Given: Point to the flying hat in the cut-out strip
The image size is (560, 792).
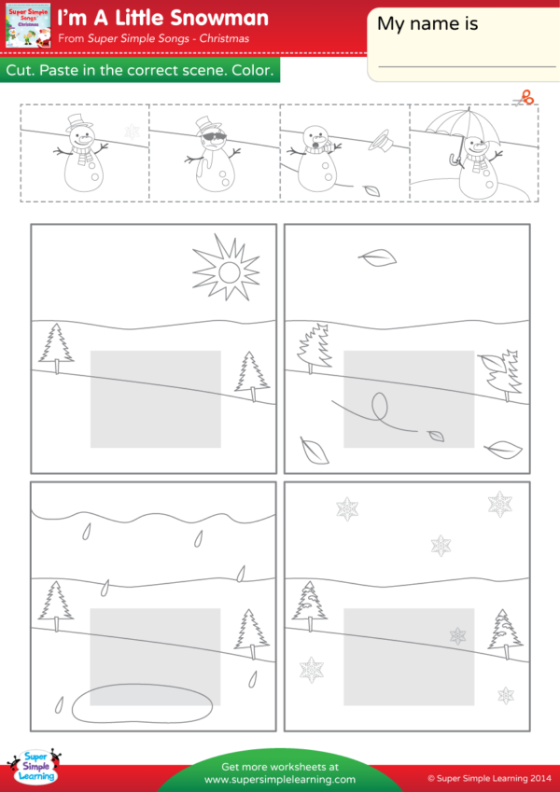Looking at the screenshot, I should click(x=378, y=141).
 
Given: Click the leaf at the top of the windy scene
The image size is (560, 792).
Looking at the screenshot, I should click(x=378, y=257).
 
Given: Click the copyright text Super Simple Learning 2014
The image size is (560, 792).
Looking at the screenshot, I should click(x=486, y=776).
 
